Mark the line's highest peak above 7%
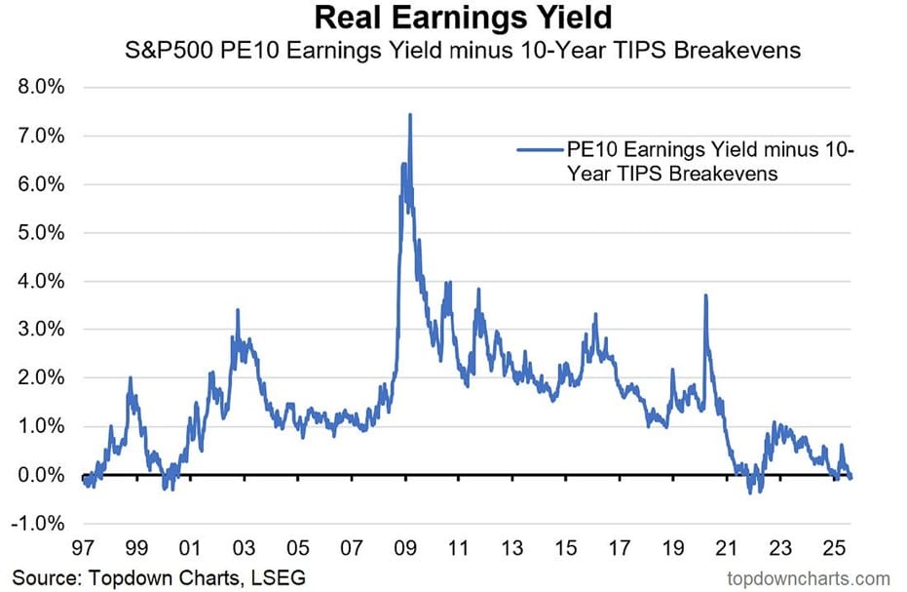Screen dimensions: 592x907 (410, 115)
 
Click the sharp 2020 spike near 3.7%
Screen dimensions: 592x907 (705, 296)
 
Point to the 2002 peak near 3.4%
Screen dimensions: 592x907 (238, 310)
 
